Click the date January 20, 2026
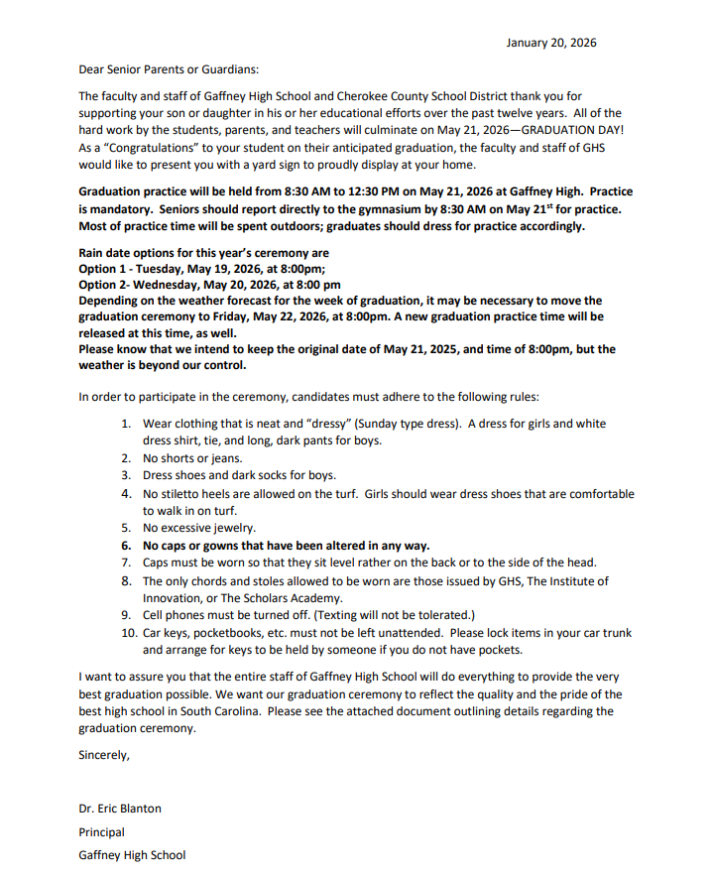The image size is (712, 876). point(550,43)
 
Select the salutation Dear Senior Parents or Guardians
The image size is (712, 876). point(168,69)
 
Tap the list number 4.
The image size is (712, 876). point(126,493)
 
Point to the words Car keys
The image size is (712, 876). point(167,632)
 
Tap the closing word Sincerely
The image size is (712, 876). point(104,755)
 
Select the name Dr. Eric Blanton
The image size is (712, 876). point(120,808)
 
